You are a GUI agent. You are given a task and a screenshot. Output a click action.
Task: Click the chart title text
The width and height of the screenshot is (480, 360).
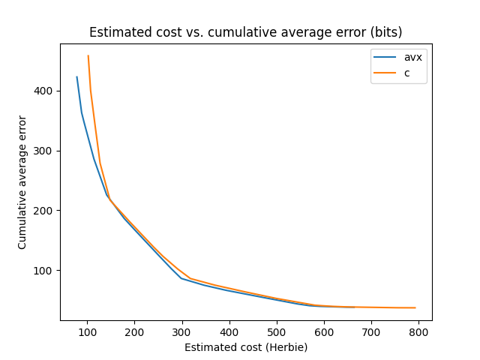tap(245, 32)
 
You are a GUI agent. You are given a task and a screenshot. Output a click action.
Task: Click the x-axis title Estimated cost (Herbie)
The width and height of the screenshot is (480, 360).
tap(246, 347)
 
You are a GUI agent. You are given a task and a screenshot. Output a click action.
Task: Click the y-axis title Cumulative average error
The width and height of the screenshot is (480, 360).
tap(22, 182)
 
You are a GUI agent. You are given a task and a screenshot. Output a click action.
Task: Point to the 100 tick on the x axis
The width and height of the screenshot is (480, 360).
tap(87, 332)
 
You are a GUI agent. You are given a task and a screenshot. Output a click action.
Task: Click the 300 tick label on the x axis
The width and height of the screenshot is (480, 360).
tap(182, 332)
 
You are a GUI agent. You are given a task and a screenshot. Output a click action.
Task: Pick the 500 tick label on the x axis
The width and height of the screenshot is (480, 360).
tap(277, 332)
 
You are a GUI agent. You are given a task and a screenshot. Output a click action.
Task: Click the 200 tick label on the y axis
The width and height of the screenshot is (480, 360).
tap(46, 211)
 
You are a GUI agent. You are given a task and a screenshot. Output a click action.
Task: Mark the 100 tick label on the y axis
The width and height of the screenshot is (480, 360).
tap(46, 271)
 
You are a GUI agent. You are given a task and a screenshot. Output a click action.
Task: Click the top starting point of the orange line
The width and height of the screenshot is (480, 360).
tap(88, 55)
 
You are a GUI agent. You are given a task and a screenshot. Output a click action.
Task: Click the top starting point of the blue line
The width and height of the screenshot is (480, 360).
tap(76, 76)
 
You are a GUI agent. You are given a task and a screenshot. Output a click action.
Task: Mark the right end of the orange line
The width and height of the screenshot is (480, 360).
tap(415, 307)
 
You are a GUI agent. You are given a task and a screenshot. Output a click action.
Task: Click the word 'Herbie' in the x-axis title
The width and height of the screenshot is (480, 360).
tap(289, 347)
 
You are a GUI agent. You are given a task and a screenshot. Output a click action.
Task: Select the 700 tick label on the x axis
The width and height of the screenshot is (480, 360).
tap(371, 332)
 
